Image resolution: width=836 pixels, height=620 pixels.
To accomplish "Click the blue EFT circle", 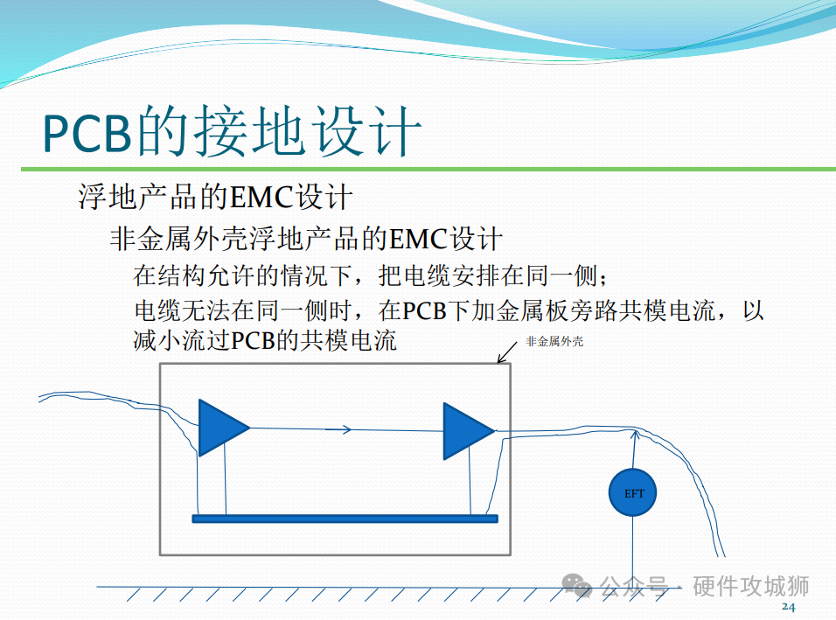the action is [633, 492].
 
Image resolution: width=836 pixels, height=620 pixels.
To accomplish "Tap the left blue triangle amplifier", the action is [219, 428].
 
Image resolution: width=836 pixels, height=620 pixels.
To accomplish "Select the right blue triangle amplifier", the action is [465, 431].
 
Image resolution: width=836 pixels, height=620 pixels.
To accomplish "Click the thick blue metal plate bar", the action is [345, 519].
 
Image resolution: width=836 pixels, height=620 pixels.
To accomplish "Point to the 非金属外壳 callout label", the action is [554, 341].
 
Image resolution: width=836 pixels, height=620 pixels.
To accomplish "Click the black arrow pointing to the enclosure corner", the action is [507, 352].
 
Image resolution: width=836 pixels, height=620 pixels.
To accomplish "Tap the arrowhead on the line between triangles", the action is [346, 429].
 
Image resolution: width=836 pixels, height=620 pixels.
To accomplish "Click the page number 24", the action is [789, 607].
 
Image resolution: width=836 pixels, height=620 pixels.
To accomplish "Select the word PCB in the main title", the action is [87, 133].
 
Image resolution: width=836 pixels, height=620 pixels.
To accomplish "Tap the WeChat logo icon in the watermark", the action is [577, 585].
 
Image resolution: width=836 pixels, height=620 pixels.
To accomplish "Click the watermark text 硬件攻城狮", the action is [750, 586].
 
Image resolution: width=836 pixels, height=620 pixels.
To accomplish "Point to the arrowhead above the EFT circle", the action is [635, 435].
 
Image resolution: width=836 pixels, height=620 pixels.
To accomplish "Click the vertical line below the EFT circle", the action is [633, 552].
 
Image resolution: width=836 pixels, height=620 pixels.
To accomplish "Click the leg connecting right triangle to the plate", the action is [470, 481].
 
